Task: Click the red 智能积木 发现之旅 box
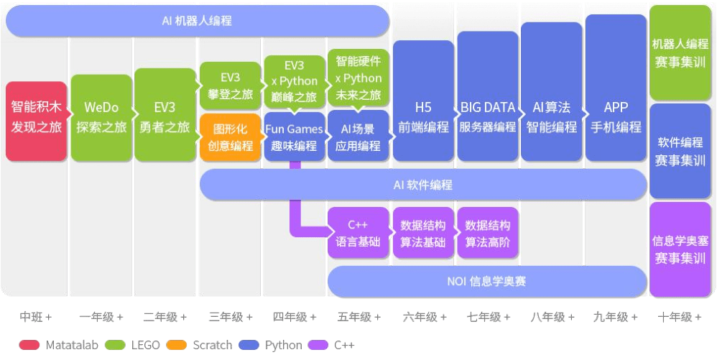tap(36, 120)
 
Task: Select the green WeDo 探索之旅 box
tap(101, 117)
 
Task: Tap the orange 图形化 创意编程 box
tap(230, 137)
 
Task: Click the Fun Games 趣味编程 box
tap(295, 137)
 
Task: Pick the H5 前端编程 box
tap(423, 101)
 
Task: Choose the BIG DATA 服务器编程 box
tap(488, 96)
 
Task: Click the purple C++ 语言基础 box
tap(358, 233)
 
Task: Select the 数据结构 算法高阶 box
tap(488, 233)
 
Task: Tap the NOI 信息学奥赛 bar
tap(487, 281)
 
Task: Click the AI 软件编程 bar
tap(423, 185)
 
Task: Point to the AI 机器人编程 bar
tap(197, 21)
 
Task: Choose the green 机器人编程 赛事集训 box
tap(680, 52)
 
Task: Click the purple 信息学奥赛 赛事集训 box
tap(680, 249)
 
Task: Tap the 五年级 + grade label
tap(359, 317)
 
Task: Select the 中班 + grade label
tap(35, 317)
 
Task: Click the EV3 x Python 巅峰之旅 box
tap(295, 81)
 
